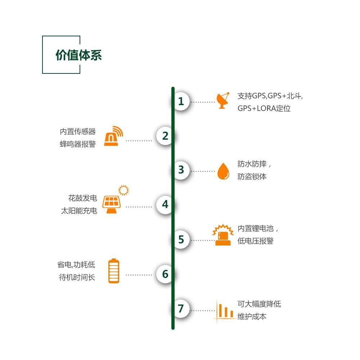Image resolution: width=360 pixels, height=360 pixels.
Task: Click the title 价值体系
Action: coord(78,55)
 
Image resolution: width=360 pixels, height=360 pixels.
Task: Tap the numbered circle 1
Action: coord(181,102)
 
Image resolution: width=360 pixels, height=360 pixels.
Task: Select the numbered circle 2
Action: coord(165,136)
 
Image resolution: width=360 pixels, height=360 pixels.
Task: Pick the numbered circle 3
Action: coord(181,170)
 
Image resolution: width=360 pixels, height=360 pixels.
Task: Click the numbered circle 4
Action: coord(165,204)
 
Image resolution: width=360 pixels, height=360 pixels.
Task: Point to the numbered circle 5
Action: coord(181,239)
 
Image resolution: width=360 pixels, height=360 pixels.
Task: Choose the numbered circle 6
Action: coord(165,274)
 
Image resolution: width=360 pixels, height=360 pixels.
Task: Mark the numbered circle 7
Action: coord(181,309)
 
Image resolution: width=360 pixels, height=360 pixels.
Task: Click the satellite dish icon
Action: coord(223,101)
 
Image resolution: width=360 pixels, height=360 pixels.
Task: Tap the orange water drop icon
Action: coord(223,171)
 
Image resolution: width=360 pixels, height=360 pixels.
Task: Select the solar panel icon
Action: coord(111,204)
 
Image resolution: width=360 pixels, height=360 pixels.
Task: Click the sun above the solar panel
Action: coord(123,190)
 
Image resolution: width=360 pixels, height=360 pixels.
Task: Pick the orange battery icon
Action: coord(114,271)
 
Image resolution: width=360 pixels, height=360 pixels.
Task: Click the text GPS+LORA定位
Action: coord(264,108)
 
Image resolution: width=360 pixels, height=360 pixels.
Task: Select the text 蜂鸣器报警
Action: coord(78,144)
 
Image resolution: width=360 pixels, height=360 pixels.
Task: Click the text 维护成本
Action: coord(252,317)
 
